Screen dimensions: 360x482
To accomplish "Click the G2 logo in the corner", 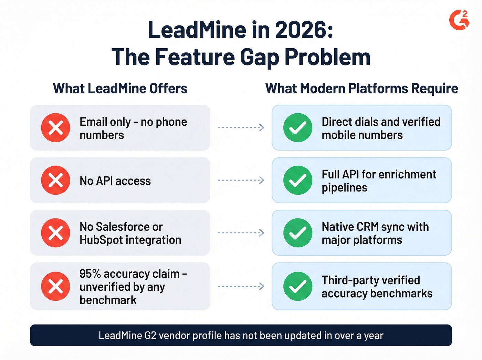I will pos(459,20).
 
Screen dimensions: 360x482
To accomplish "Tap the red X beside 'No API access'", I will pos(55,180).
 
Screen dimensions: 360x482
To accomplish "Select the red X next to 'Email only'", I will pos(55,127).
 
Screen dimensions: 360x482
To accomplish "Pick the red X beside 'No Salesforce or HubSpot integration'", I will pos(55,233).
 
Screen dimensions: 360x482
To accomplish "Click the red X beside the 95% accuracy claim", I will pos(55,286).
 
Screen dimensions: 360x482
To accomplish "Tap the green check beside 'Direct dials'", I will pos(298,127).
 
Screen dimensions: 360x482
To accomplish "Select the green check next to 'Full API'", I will pos(298,180).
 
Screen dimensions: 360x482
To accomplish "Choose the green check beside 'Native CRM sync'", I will pos(298,233).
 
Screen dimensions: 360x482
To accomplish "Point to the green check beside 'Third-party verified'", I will pos(298,286).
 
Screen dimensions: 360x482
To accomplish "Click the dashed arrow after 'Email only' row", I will pos(241,127).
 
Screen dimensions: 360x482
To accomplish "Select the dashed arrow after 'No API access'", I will pos(241,180).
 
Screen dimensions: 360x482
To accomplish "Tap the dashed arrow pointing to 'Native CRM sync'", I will pos(241,233).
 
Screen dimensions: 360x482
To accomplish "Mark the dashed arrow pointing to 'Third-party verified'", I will pos(241,286).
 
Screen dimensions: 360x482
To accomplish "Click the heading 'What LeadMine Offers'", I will pos(120,89).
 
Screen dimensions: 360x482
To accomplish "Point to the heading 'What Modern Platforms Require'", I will pos(361,89).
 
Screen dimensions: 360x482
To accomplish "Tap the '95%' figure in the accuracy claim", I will pos(90,274).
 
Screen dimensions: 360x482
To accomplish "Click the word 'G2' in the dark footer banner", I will pos(150,336).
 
